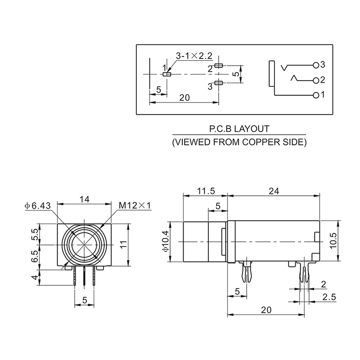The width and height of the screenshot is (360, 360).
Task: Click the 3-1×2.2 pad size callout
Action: [193, 56]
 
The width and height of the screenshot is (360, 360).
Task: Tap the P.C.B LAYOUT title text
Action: [239, 129]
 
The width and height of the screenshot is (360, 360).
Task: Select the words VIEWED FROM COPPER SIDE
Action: [239, 143]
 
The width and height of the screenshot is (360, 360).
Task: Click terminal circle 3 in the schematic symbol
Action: [316, 65]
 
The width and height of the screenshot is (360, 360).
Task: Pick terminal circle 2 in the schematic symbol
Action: [316, 80]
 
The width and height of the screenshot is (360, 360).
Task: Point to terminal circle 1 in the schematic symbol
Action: [316, 95]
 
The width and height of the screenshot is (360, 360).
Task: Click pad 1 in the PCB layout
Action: [167, 74]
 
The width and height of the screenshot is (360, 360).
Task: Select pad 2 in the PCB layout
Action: [219, 66]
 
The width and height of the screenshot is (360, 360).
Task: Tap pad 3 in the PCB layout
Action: [219, 82]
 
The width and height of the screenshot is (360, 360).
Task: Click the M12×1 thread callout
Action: [135, 206]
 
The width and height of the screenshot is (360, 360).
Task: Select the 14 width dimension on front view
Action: [84, 198]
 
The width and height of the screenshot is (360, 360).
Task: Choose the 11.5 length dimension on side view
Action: [206, 191]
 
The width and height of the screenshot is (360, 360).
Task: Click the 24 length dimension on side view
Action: [274, 191]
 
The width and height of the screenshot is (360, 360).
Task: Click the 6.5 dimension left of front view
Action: [34, 257]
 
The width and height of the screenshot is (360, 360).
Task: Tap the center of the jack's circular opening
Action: [84, 244]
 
